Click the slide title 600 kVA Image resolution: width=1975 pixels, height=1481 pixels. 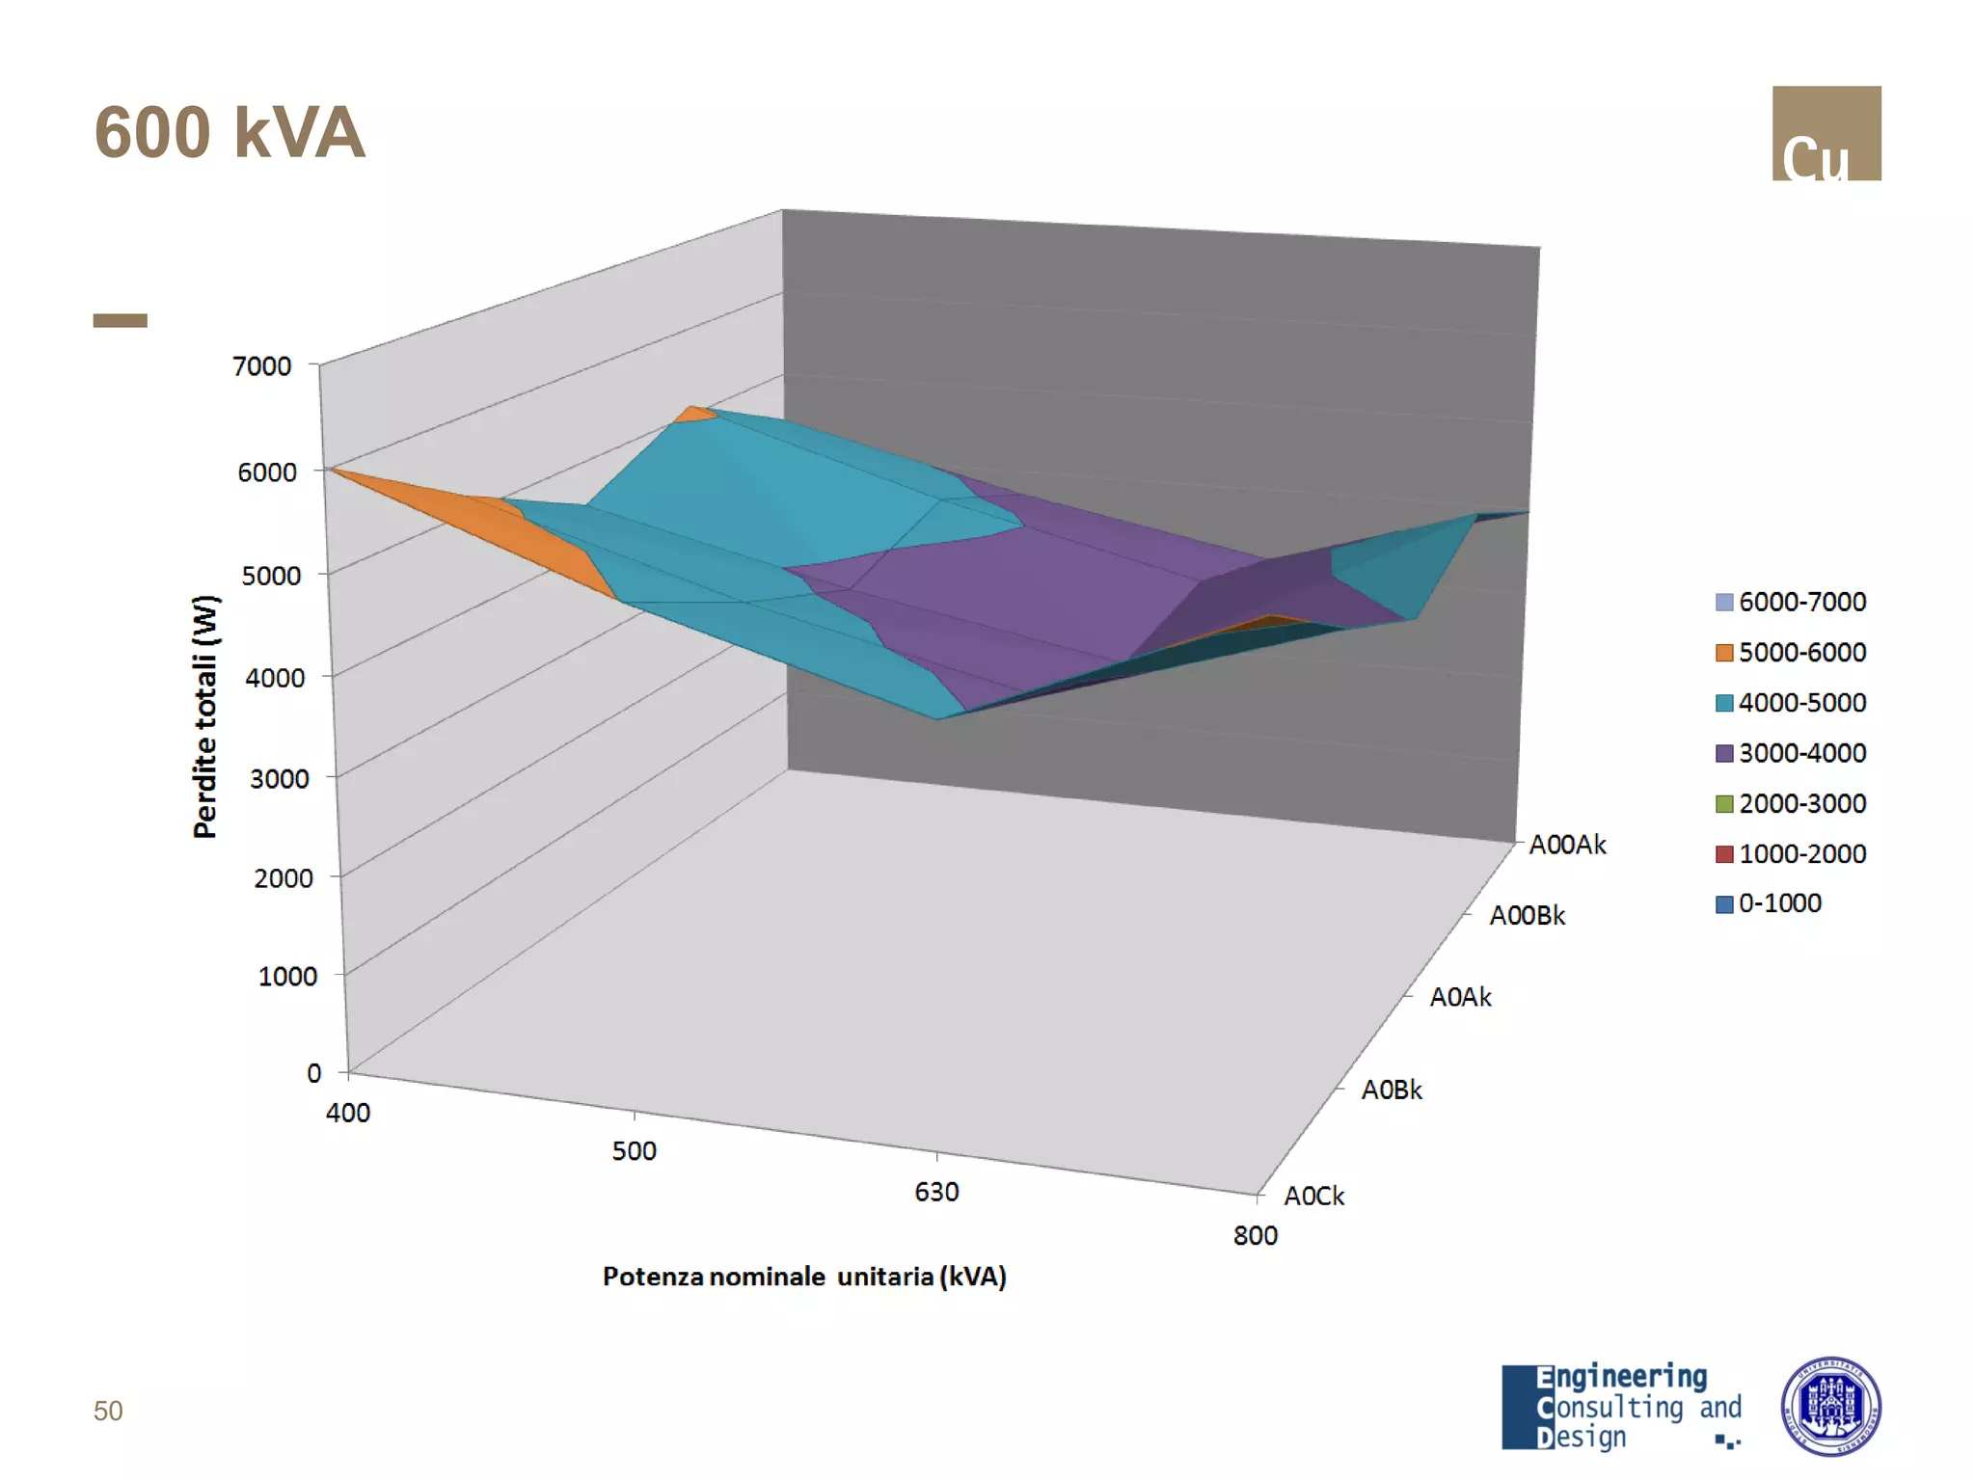pyautogui.click(x=230, y=133)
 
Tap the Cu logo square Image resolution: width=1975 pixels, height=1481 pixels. pyautogui.click(x=1826, y=133)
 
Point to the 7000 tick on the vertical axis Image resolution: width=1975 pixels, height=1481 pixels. pyautogui.click(x=261, y=366)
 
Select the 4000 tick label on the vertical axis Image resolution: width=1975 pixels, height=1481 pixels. pyautogui.click(x=275, y=678)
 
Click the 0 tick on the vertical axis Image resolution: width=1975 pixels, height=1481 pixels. pyautogui.click(x=314, y=1073)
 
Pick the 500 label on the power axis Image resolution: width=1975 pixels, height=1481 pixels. pyautogui.click(x=634, y=1151)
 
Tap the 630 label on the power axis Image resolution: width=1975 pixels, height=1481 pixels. pyautogui.click(x=936, y=1193)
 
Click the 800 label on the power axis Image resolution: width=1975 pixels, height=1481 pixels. pyautogui.click(x=1255, y=1236)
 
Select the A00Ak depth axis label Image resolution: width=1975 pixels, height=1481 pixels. pyautogui.click(x=1567, y=846)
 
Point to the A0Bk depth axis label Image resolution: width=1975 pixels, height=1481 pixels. pyautogui.click(x=1391, y=1091)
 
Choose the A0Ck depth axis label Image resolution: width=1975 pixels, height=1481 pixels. pyautogui.click(x=1313, y=1197)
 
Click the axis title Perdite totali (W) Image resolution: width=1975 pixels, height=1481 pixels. pyautogui.click(x=205, y=716)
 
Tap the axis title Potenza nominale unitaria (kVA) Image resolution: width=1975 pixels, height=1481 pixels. pyautogui.click(x=804, y=1277)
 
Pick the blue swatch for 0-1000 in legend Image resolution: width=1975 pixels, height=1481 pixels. pyautogui.click(x=1724, y=904)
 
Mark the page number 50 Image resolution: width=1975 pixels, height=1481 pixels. pyautogui.click(x=108, y=1412)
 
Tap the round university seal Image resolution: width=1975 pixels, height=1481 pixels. pyautogui.click(x=1829, y=1407)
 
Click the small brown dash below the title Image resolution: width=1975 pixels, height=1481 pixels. pyautogui.click(x=121, y=321)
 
